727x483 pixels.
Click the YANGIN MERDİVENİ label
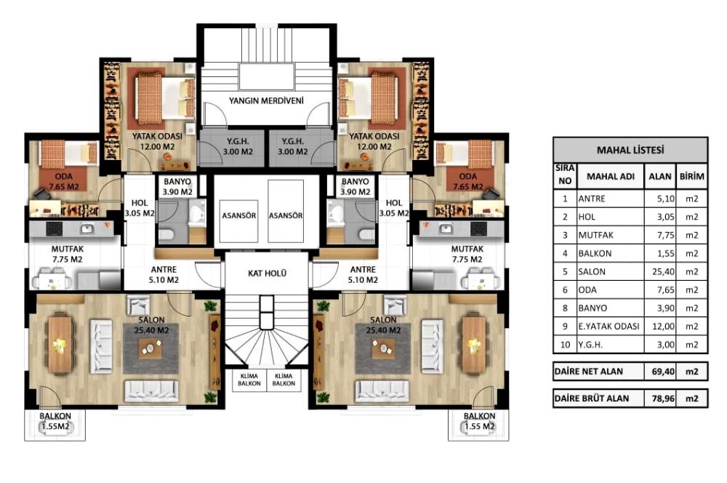(x=266, y=100)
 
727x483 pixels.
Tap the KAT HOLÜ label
(x=267, y=274)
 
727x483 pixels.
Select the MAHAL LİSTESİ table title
(x=630, y=150)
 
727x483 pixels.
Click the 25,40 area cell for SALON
(x=663, y=271)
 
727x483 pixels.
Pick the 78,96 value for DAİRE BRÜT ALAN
(x=663, y=398)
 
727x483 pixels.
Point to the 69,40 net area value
(x=663, y=371)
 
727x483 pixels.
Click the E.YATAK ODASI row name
(x=608, y=326)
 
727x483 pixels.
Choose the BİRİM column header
(x=692, y=176)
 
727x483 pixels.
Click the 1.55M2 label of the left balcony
(x=55, y=426)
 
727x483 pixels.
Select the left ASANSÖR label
(x=238, y=216)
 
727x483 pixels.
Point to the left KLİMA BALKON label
(x=249, y=380)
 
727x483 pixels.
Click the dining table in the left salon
(x=60, y=344)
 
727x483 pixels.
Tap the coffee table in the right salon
(x=384, y=348)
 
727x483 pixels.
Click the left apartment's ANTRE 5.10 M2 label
(x=164, y=275)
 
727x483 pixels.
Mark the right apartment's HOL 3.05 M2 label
(x=394, y=208)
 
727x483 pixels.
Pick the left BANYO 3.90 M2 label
(x=177, y=186)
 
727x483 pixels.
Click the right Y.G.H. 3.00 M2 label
(x=292, y=147)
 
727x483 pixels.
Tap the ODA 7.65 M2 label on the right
(x=467, y=182)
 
